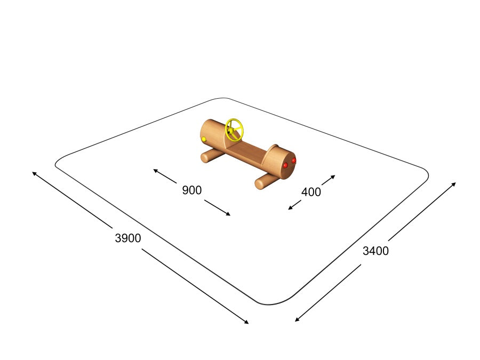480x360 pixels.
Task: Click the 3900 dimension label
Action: coord(128,238)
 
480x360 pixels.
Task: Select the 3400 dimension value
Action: coord(375,251)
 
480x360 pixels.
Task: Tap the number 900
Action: coord(192,190)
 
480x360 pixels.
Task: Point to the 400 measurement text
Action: coord(311,192)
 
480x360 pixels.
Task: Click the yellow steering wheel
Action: coord(234,130)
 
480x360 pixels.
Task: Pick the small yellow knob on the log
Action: coord(204,139)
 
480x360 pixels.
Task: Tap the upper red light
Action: coord(293,161)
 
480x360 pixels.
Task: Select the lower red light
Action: coord(286,166)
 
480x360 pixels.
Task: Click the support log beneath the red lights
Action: coord(266,181)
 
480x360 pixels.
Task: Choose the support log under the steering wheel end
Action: coord(211,156)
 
